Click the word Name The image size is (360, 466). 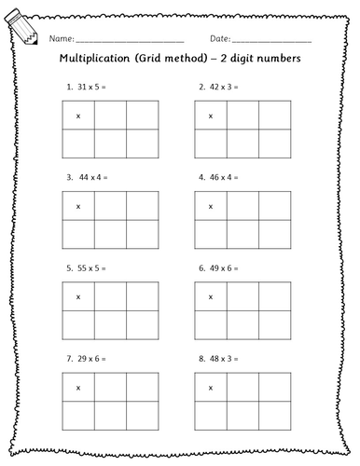(x=59, y=39)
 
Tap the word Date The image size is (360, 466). (x=221, y=39)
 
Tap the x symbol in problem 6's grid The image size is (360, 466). (x=211, y=296)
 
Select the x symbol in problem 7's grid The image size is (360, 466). (x=77, y=387)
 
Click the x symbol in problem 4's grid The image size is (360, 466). (x=211, y=206)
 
